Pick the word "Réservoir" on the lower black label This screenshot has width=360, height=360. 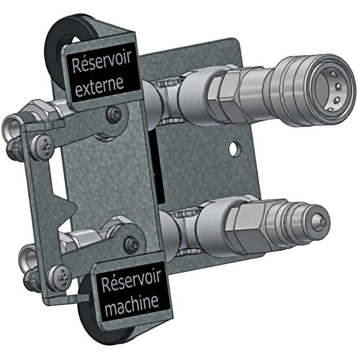(x=131, y=280)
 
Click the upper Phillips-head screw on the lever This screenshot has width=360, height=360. (x=43, y=146)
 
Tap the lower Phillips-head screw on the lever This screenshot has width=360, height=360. (x=60, y=278)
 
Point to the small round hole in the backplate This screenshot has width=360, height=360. (x=235, y=148)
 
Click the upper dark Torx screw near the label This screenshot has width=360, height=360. (x=114, y=113)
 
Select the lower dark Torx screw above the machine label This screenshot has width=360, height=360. (x=131, y=244)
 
